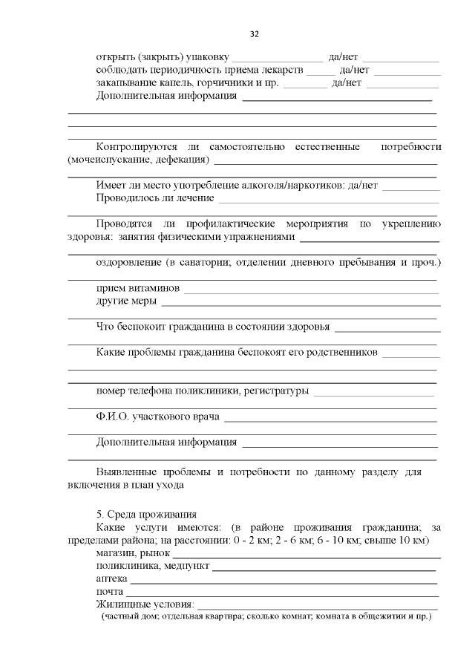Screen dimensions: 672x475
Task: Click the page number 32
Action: [x=254, y=34]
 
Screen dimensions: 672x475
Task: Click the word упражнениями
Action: [x=261, y=237]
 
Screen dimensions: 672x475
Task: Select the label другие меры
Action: [x=126, y=301]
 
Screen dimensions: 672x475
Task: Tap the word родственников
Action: [x=344, y=350]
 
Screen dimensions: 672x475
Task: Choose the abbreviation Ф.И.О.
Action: [x=112, y=417]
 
